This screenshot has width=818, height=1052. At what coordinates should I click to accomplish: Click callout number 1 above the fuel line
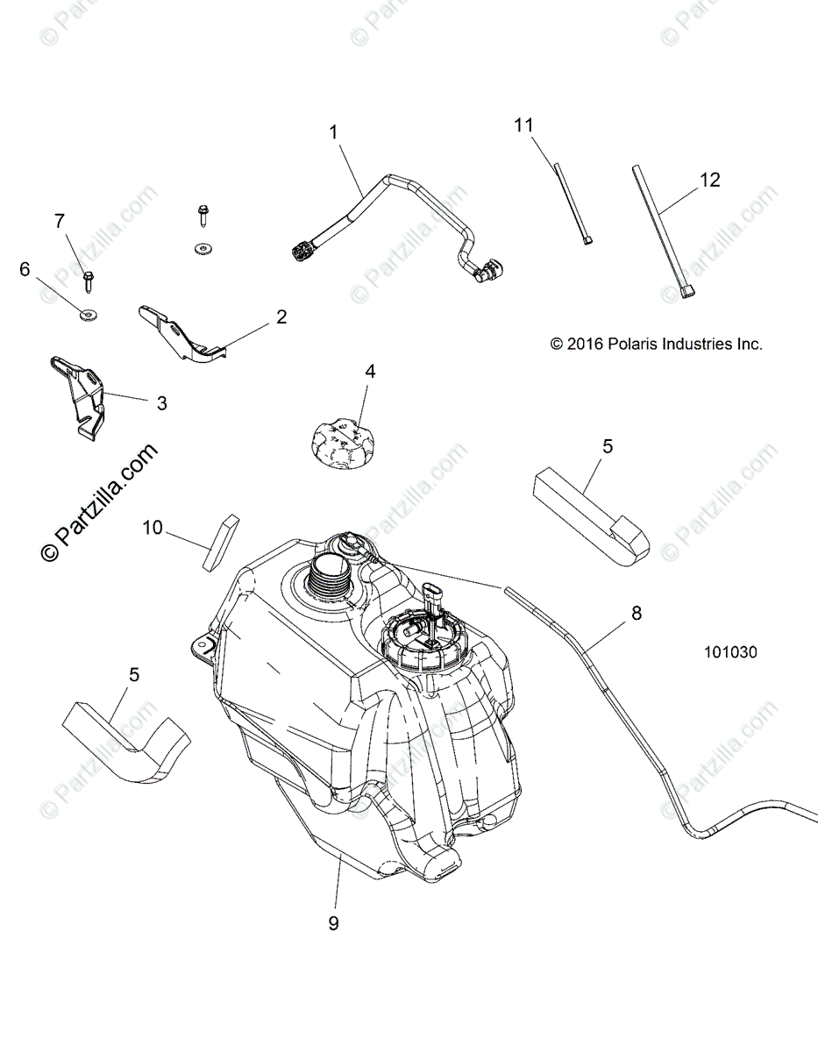[333, 132]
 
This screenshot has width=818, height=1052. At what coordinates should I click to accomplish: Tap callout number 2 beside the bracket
[281, 317]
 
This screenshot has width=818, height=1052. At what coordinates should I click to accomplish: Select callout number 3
[161, 403]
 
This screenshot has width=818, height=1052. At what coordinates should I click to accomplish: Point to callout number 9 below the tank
[333, 923]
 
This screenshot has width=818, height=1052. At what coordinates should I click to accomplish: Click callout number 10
[153, 528]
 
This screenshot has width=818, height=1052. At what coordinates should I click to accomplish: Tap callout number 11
[523, 125]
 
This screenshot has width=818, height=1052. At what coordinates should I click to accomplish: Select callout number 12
[709, 180]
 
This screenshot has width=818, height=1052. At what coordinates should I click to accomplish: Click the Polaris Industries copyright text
[656, 345]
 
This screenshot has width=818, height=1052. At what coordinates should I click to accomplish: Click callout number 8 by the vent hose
[636, 614]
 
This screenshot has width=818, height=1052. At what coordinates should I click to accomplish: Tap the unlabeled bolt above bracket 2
[203, 213]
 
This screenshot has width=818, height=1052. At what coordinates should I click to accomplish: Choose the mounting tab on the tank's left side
[204, 645]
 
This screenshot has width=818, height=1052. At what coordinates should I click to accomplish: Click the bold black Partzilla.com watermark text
[100, 502]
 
